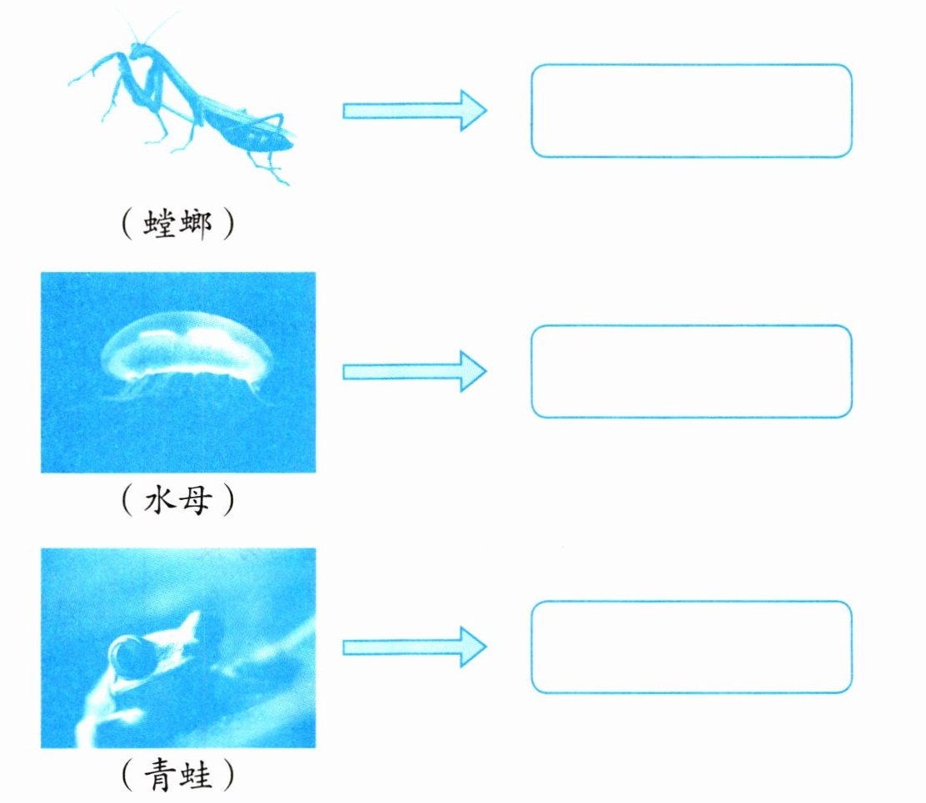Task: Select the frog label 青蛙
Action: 177,776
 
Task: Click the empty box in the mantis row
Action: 691,111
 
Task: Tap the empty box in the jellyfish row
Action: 691,371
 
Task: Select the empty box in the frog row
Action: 691,647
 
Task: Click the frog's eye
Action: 131,655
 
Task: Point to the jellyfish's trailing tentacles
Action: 192,388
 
